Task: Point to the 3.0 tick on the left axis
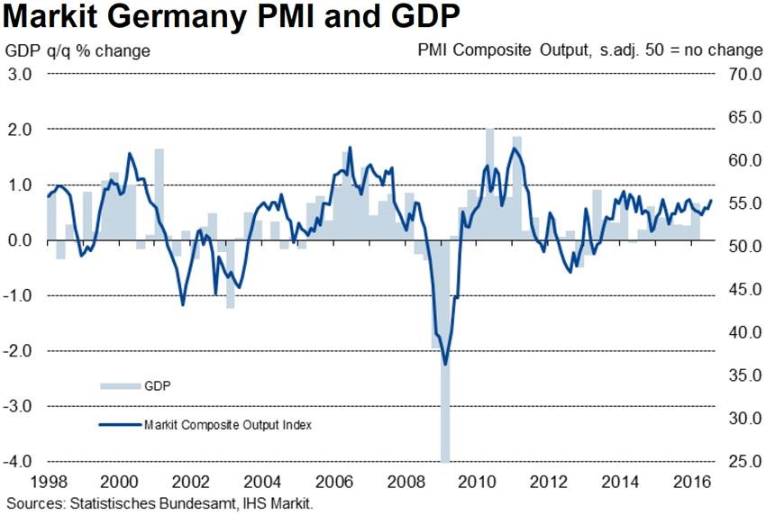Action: pos(22,75)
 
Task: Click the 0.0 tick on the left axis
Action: pos(22,240)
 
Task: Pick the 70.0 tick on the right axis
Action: pos(740,75)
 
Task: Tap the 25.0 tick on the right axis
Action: pos(740,462)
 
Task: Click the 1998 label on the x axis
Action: pos(47,481)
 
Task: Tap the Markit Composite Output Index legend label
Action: pos(227,424)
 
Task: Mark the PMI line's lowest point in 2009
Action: pos(445,364)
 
